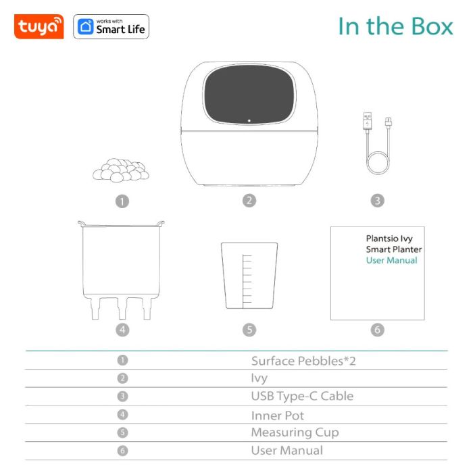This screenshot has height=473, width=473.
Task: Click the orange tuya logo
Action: [x=39, y=27]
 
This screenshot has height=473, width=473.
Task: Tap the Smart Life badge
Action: [x=111, y=27]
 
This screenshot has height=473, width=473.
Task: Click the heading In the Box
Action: [x=395, y=26]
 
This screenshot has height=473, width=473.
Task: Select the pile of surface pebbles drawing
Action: [x=120, y=170]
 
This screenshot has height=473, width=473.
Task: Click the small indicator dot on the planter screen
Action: [x=249, y=121]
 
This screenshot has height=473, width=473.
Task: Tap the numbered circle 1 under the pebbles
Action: [x=122, y=201]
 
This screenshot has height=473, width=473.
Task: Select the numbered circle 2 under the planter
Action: [x=249, y=201]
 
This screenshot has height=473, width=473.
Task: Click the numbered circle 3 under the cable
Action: [x=377, y=201]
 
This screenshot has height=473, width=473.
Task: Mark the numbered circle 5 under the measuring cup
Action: [x=249, y=330]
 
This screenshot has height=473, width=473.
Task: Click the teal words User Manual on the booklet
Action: [x=391, y=261]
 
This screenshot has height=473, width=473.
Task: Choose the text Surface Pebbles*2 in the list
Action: [x=303, y=361]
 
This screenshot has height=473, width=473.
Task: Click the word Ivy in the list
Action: [x=259, y=378]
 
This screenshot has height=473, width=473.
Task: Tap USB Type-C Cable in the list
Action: [x=302, y=396]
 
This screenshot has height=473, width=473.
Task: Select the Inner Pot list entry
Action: [x=278, y=415]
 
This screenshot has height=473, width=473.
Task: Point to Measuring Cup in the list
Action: [x=295, y=432]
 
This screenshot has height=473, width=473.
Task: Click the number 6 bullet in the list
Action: [x=122, y=450]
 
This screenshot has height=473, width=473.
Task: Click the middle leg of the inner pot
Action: [x=122, y=307]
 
